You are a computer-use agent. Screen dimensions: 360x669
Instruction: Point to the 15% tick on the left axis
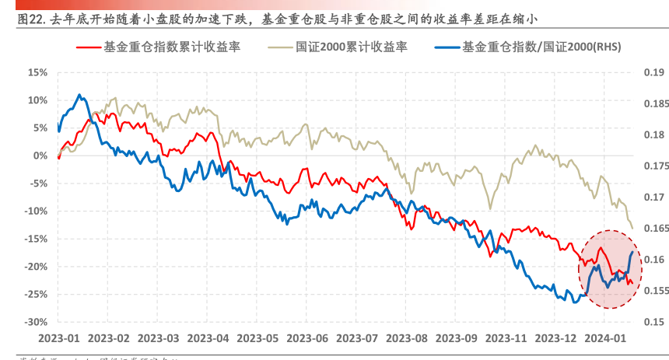click(37, 72)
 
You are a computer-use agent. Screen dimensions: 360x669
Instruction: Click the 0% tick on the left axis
click(40, 156)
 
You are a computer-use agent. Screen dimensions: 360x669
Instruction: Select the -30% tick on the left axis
click(36, 322)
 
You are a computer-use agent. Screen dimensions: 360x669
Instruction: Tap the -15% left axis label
click(36, 239)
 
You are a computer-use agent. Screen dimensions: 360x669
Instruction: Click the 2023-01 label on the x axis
click(58, 339)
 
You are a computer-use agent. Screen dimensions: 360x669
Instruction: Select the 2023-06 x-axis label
click(309, 339)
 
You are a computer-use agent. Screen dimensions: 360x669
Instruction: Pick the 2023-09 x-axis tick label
click(457, 339)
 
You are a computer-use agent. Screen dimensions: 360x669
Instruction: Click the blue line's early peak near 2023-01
click(79, 95)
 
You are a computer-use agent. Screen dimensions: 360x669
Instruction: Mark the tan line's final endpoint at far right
click(632, 228)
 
